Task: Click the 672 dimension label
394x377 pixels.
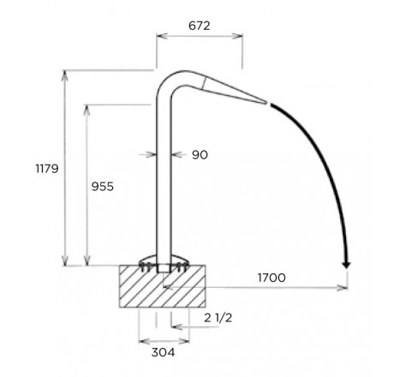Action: click(200, 26)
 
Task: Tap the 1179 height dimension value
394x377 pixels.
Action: click(47, 169)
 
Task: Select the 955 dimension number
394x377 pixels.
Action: click(103, 187)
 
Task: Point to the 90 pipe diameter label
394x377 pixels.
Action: click(200, 155)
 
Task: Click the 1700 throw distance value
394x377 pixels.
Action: click(272, 278)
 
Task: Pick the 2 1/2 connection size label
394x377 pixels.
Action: click(218, 318)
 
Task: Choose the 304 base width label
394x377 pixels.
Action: click(163, 352)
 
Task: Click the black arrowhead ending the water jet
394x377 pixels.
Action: click(346, 265)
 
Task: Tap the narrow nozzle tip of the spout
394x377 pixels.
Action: click(266, 102)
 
